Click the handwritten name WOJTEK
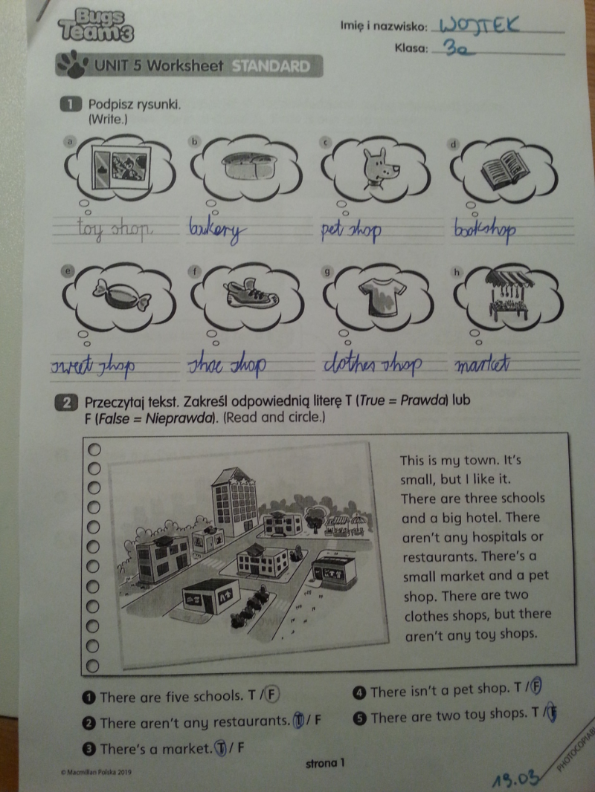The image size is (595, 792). coord(479,25)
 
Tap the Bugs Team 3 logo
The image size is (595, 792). coord(95,25)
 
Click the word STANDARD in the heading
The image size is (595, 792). coord(271,66)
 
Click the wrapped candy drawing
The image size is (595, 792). coord(121,294)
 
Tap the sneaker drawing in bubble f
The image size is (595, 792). coord(251,293)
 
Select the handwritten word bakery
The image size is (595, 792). coord(217,230)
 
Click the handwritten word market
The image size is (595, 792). coord(482,363)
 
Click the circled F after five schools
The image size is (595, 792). coord(272,695)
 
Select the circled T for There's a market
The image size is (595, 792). coord(221,747)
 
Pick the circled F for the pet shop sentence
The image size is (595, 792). coord(536,686)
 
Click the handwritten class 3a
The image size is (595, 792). coord(459,48)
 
